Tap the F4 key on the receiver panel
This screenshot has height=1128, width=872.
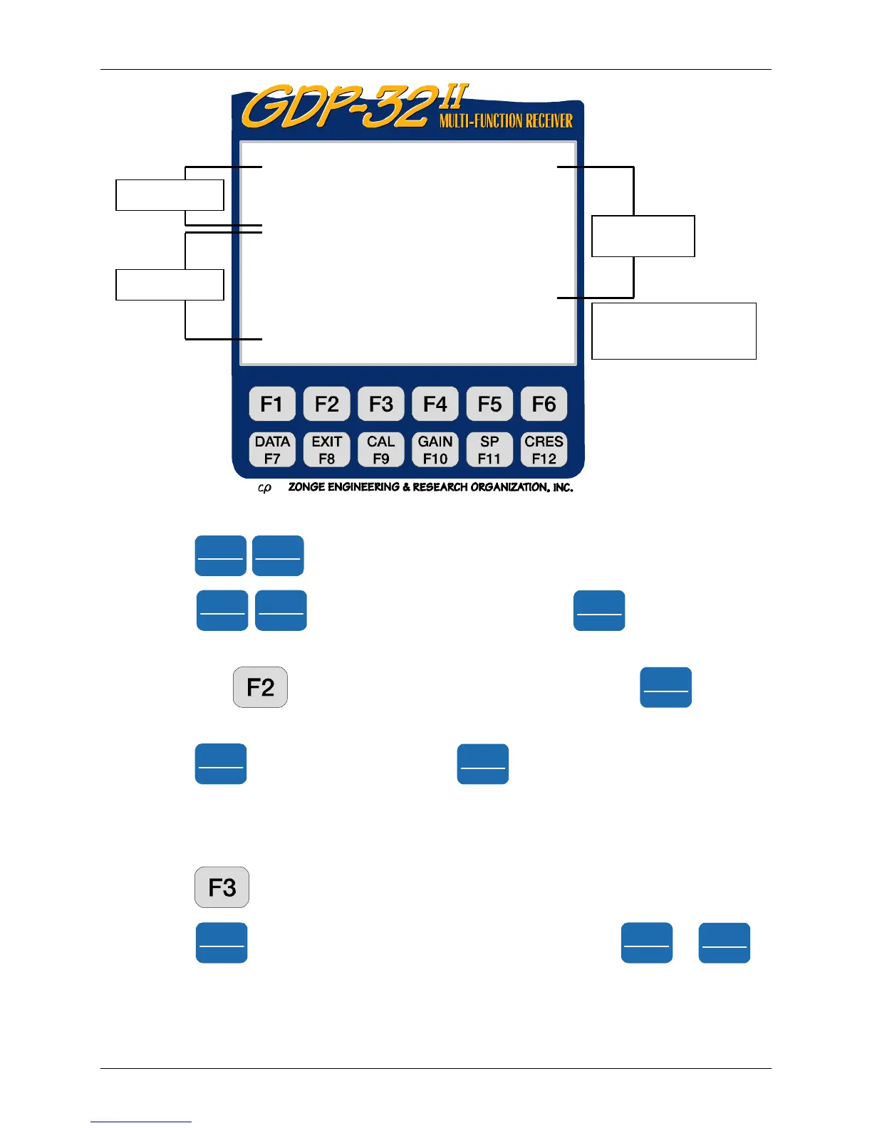point(435,404)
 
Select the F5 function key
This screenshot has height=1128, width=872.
point(489,404)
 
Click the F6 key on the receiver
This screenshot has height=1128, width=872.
point(544,404)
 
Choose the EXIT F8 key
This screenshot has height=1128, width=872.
point(326,450)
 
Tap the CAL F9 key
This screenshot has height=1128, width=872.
point(381,450)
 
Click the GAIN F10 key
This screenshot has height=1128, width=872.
point(435,450)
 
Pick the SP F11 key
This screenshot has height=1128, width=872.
point(489,450)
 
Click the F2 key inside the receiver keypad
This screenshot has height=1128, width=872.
point(326,404)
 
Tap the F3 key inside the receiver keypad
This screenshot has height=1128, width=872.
point(381,404)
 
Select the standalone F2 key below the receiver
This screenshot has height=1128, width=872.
point(260,687)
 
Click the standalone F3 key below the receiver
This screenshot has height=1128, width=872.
point(222,887)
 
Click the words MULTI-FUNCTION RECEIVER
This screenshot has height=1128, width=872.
point(506,121)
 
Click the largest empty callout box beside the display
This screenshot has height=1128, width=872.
point(673,331)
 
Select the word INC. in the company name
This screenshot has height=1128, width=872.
point(563,488)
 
